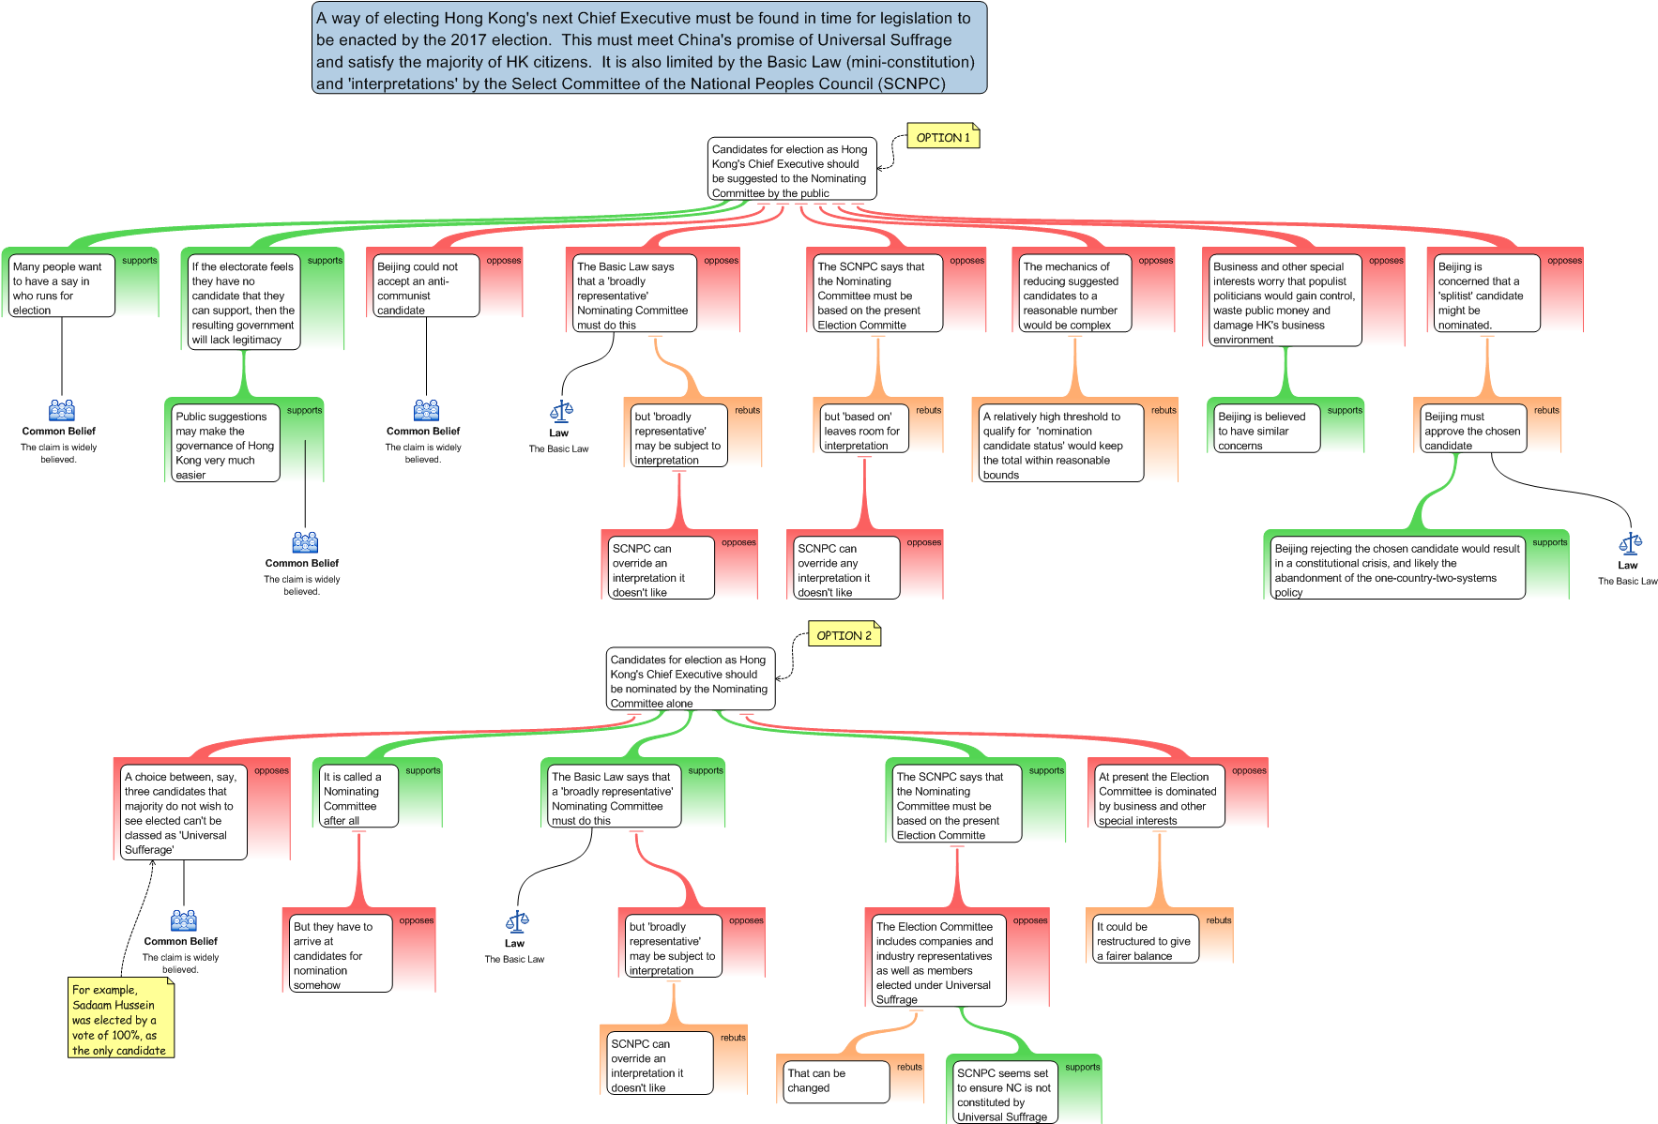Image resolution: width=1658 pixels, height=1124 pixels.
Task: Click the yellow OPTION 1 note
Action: pyautogui.click(x=943, y=137)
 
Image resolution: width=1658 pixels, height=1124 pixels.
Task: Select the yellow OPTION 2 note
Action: pyautogui.click(x=844, y=635)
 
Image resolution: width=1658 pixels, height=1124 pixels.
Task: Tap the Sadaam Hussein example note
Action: pyautogui.click(x=122, y=1019)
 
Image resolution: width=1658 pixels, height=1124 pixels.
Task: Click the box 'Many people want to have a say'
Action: pyautogui.click(x=61, y=286)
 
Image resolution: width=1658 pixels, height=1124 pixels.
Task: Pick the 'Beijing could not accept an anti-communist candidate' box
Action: pyautogui.click(x=426, y=286)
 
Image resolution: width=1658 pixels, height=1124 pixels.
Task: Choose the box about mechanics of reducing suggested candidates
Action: pyautogui.click(x=1075, y=294)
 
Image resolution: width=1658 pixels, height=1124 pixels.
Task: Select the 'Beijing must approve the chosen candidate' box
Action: pyautogui.click(x=1473, y=430)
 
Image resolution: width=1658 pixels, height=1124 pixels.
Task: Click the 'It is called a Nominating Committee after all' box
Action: pyautogui.click(x=358, y=797)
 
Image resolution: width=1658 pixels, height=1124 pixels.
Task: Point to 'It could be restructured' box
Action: pyautogui.click(x=1146, y=939)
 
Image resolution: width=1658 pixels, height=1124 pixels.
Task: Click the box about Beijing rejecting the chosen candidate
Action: pyautogui.click(x=1396, y=568)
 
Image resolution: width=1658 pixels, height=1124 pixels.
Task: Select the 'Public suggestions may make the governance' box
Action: pyautogui.click(x=225, y=444)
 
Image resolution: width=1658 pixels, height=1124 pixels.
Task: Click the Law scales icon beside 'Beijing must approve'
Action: pyautogui.click(x=1631, y=543)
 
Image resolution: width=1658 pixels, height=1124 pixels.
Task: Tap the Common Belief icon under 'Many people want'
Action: pyautogui.click(x=62, y=410)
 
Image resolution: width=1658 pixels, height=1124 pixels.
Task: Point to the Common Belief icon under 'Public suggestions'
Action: pyautogui.click(x=305, y=542)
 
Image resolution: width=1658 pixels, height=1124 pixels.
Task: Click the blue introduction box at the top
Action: pyautogui.click(x=649, y=48)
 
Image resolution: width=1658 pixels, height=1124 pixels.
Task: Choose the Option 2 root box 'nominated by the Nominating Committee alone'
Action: pyautogui.click(x=691, y=679)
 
